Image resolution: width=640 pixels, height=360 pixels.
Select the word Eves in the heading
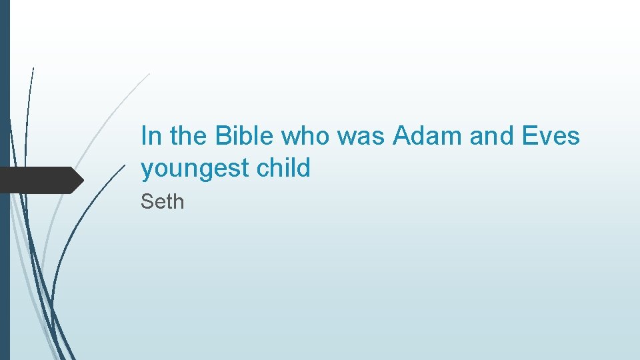coord(551,136)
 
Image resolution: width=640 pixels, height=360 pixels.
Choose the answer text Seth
coord(162,201)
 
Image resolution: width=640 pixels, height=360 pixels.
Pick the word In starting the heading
coord(151,136)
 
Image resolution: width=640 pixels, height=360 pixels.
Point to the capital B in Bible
coord(222,136)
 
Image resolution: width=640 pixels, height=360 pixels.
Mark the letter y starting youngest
coord(147,171)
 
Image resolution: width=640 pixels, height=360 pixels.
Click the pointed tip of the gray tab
coord(82,180)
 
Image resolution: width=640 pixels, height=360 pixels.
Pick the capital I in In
coord(144,136)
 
